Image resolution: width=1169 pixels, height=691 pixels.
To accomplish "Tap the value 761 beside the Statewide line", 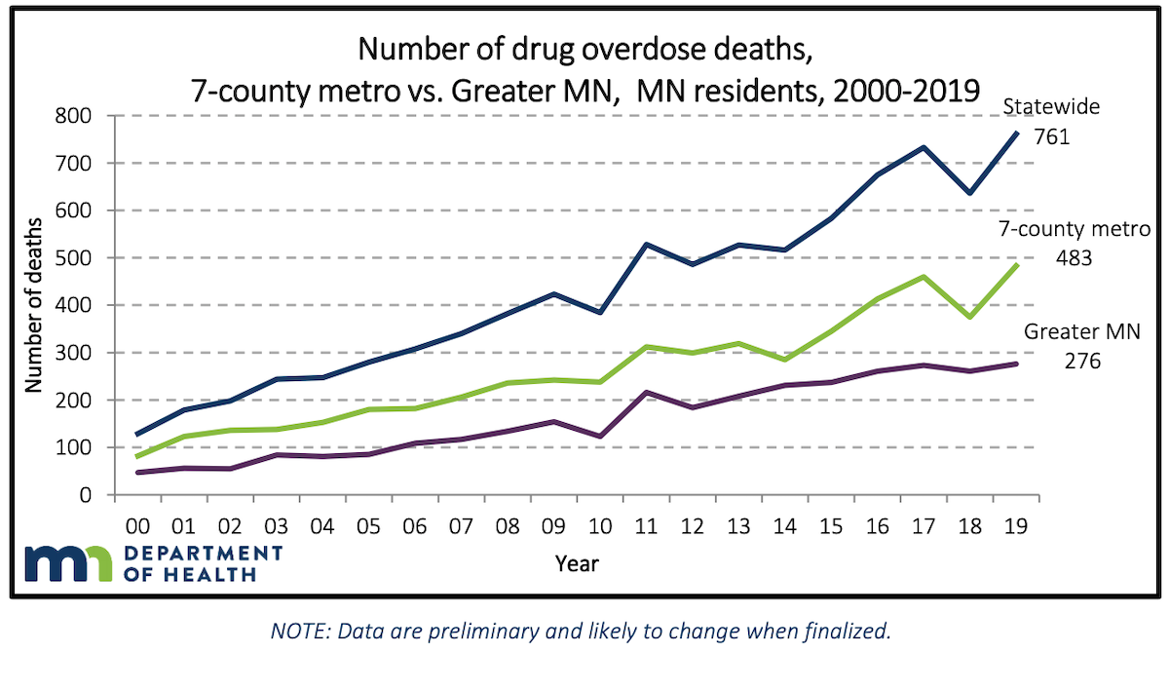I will pyautogui.click(x=1053, y=136).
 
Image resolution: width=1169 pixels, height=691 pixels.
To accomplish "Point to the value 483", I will pyautogui.click(x=1075, y=259).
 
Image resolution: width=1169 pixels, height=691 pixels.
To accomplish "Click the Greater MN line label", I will pyautogui.click(x=1081, y=331).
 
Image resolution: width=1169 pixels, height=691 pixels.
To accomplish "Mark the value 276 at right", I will pyautogui.click(x=1081, y=362).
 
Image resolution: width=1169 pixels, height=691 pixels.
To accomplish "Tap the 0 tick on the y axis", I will pyautogui.click(x=85, y=495).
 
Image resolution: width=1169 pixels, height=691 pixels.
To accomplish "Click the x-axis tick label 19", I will pyautogui.click(x=1017, y=525).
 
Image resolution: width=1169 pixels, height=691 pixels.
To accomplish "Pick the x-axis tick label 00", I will pyautogui.click(x=136, y=525).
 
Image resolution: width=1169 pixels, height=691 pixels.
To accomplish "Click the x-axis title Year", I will pyautogui.click(x=577, y=563).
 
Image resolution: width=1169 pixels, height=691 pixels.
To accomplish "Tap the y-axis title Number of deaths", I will pyautogui.click(x=33, y=305).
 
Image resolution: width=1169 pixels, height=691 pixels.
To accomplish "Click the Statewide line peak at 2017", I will pyautogui.click(x=924, y=147).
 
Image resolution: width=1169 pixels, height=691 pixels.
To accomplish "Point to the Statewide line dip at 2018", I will pyautogui.click(x=969, y=193).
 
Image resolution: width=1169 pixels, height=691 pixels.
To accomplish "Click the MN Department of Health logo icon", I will pyautogui.click(x=70, y=563).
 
